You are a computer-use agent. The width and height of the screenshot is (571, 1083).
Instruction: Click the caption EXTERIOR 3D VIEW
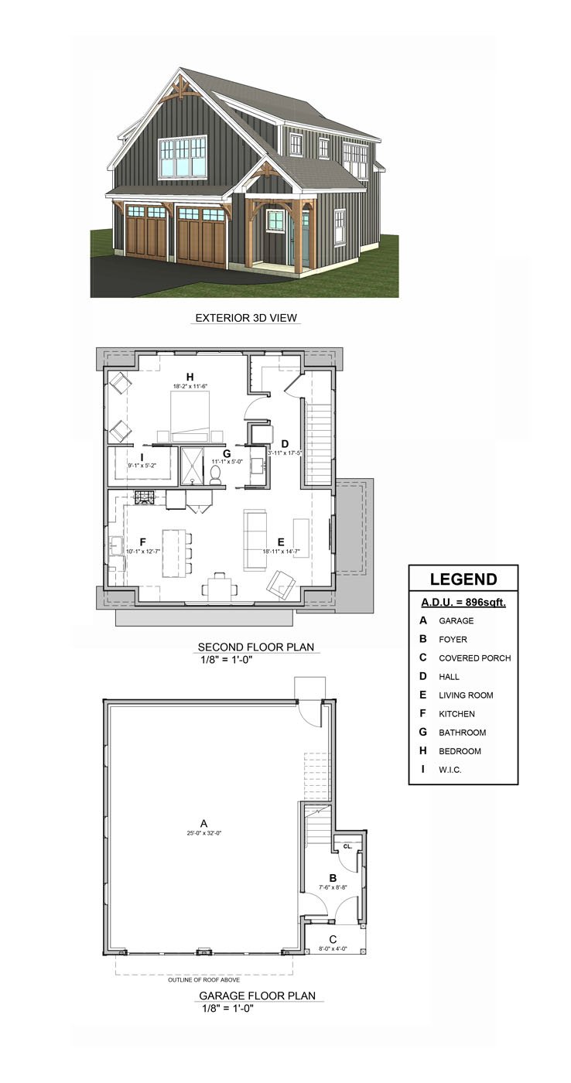246,317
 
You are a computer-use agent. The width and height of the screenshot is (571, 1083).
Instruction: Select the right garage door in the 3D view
201,237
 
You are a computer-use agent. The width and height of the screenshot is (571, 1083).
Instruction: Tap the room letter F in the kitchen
142,541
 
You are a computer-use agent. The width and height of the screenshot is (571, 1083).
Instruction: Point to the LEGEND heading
463,579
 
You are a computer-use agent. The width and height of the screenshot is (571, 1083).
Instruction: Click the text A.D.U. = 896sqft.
463,602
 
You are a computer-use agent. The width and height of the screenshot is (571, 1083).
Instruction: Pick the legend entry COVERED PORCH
474,658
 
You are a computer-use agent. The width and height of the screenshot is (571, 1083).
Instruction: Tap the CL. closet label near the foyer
347,846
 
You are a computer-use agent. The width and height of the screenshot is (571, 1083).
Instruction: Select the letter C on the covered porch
333,939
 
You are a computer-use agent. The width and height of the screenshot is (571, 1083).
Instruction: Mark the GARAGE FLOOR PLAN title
257,996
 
